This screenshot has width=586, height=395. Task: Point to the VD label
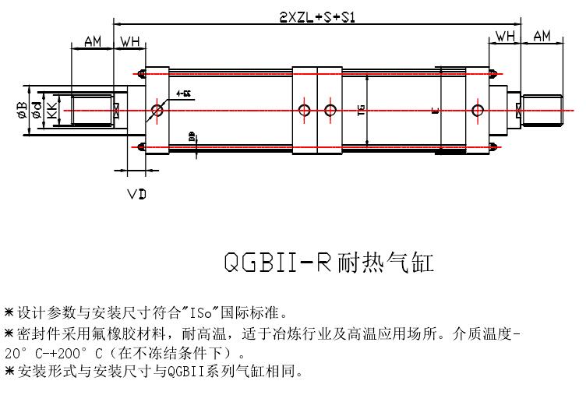137,192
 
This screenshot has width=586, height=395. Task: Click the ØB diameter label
23,111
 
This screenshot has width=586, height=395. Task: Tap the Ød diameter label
37,111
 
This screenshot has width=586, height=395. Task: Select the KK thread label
51,111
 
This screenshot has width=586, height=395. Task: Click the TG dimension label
360,111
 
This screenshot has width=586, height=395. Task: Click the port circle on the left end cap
158,110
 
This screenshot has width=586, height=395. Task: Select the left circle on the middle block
303,109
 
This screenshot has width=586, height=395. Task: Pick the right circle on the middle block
330,109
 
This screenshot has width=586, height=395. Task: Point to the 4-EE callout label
185,93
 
